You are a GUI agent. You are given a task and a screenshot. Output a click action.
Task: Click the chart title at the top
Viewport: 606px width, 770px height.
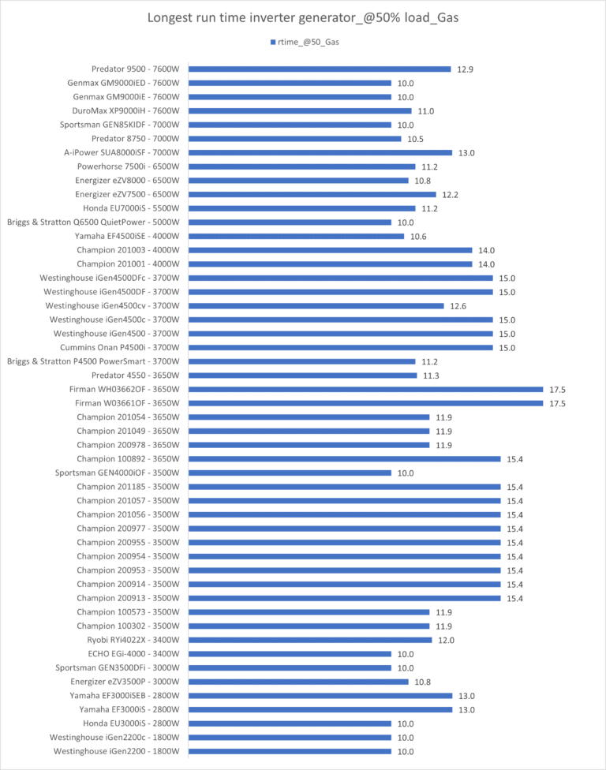(303, 17)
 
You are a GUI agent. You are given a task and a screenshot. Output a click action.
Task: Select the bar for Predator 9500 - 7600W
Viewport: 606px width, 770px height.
(319, 69)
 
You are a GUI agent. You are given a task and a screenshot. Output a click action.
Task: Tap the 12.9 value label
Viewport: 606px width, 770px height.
(466, 69)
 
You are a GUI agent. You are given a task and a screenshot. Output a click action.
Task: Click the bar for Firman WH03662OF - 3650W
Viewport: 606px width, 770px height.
(365, 389)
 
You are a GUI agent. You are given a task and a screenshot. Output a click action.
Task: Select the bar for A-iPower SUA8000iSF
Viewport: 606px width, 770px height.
(320, 153)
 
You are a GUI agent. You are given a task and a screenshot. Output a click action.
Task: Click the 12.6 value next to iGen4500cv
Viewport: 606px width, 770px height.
(459, 306)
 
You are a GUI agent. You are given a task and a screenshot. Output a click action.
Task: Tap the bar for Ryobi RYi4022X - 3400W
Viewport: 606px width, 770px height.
(309, 640)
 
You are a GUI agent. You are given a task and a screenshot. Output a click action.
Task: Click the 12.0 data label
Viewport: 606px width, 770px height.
(447, 640)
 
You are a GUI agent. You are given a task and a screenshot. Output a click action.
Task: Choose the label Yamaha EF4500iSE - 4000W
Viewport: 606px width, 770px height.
(127, 237)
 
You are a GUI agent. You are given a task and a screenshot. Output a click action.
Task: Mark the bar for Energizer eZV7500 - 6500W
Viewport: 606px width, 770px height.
(312, 194)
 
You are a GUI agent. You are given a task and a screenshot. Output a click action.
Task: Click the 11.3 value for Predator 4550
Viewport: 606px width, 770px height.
(432, 376)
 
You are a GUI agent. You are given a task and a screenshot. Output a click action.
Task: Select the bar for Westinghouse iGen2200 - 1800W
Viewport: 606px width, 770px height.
(290, 751)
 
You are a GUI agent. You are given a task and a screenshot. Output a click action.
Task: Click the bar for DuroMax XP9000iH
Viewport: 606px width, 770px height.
(300, 111)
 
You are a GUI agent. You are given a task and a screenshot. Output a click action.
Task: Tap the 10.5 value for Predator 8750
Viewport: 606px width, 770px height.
(416, 139)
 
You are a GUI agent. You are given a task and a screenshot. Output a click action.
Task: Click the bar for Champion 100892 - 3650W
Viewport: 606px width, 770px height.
(344, 458)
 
